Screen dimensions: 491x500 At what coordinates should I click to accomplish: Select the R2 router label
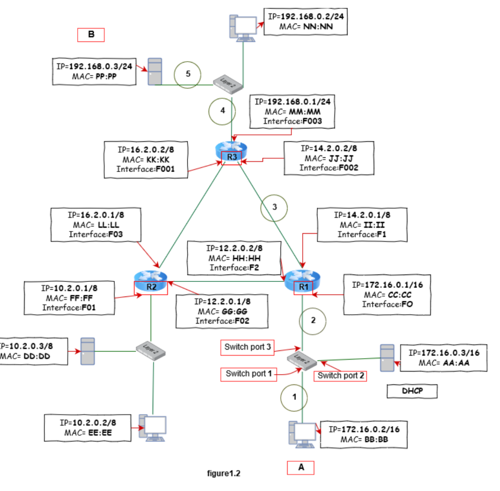tap(151, 287)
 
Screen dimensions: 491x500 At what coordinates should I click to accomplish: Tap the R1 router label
tap(303, 287)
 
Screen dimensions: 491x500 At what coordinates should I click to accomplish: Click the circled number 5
tap(188, 74)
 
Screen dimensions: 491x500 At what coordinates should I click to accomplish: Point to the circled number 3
tap(274, 207)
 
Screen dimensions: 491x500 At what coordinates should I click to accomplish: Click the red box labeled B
tap(91, 35)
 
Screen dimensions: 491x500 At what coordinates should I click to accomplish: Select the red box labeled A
tap(300, 468)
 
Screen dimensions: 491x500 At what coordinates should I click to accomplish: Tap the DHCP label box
tap(412, 391)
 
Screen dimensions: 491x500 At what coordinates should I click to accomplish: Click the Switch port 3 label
tap(247, 347)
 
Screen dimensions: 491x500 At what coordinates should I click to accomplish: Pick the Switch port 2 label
tap(340, 376)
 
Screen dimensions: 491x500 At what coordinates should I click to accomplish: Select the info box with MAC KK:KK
tap(146, 160)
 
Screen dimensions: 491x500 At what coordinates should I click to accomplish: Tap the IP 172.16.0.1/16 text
tap(387, 285)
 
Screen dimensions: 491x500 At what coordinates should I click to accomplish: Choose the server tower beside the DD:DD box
tap(88, 351)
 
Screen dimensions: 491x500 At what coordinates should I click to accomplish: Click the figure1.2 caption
tap(224, 473)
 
